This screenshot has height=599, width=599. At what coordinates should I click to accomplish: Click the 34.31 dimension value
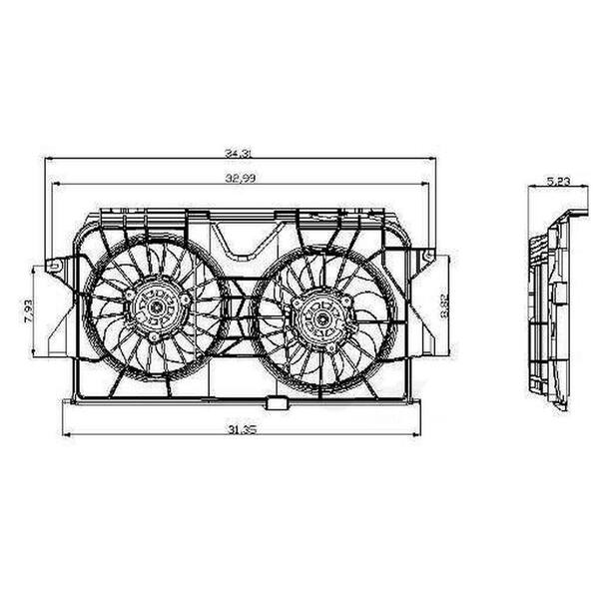coord(237,153)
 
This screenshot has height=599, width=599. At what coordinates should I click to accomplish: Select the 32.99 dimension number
coord(237,179)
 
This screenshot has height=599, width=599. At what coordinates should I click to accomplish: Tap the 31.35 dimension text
coord(237,429)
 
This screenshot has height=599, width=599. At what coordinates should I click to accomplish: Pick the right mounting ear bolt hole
coord(428,257)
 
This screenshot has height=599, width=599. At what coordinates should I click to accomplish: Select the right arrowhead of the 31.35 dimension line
coord(418,435)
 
